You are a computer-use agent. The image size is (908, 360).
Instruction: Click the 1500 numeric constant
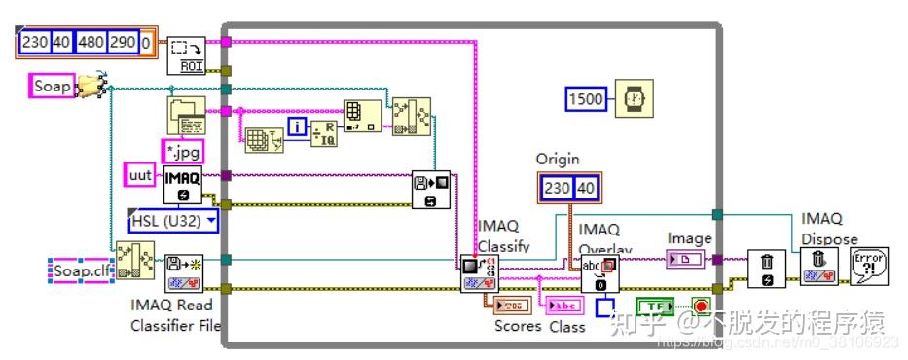pyautogui.click(x=584, y=98)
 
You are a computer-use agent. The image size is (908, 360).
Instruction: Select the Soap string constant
pyautogui.click(x=53, y=87)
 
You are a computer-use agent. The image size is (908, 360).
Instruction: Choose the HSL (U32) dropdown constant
pyautogui.click(x=174, y=221)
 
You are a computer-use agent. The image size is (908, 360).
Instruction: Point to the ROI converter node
pyautogui.click(x=184, y=56)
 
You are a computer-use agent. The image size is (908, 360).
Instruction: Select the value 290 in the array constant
pyautogui.click(x=123, y=44)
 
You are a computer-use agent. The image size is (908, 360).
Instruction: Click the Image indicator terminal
pyautogui.click(x=689, y=260)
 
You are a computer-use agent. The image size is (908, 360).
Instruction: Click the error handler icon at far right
pyautogui.click(x=868, y=266)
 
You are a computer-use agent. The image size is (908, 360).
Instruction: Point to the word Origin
pyautogui.click(x=558, y=159)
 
